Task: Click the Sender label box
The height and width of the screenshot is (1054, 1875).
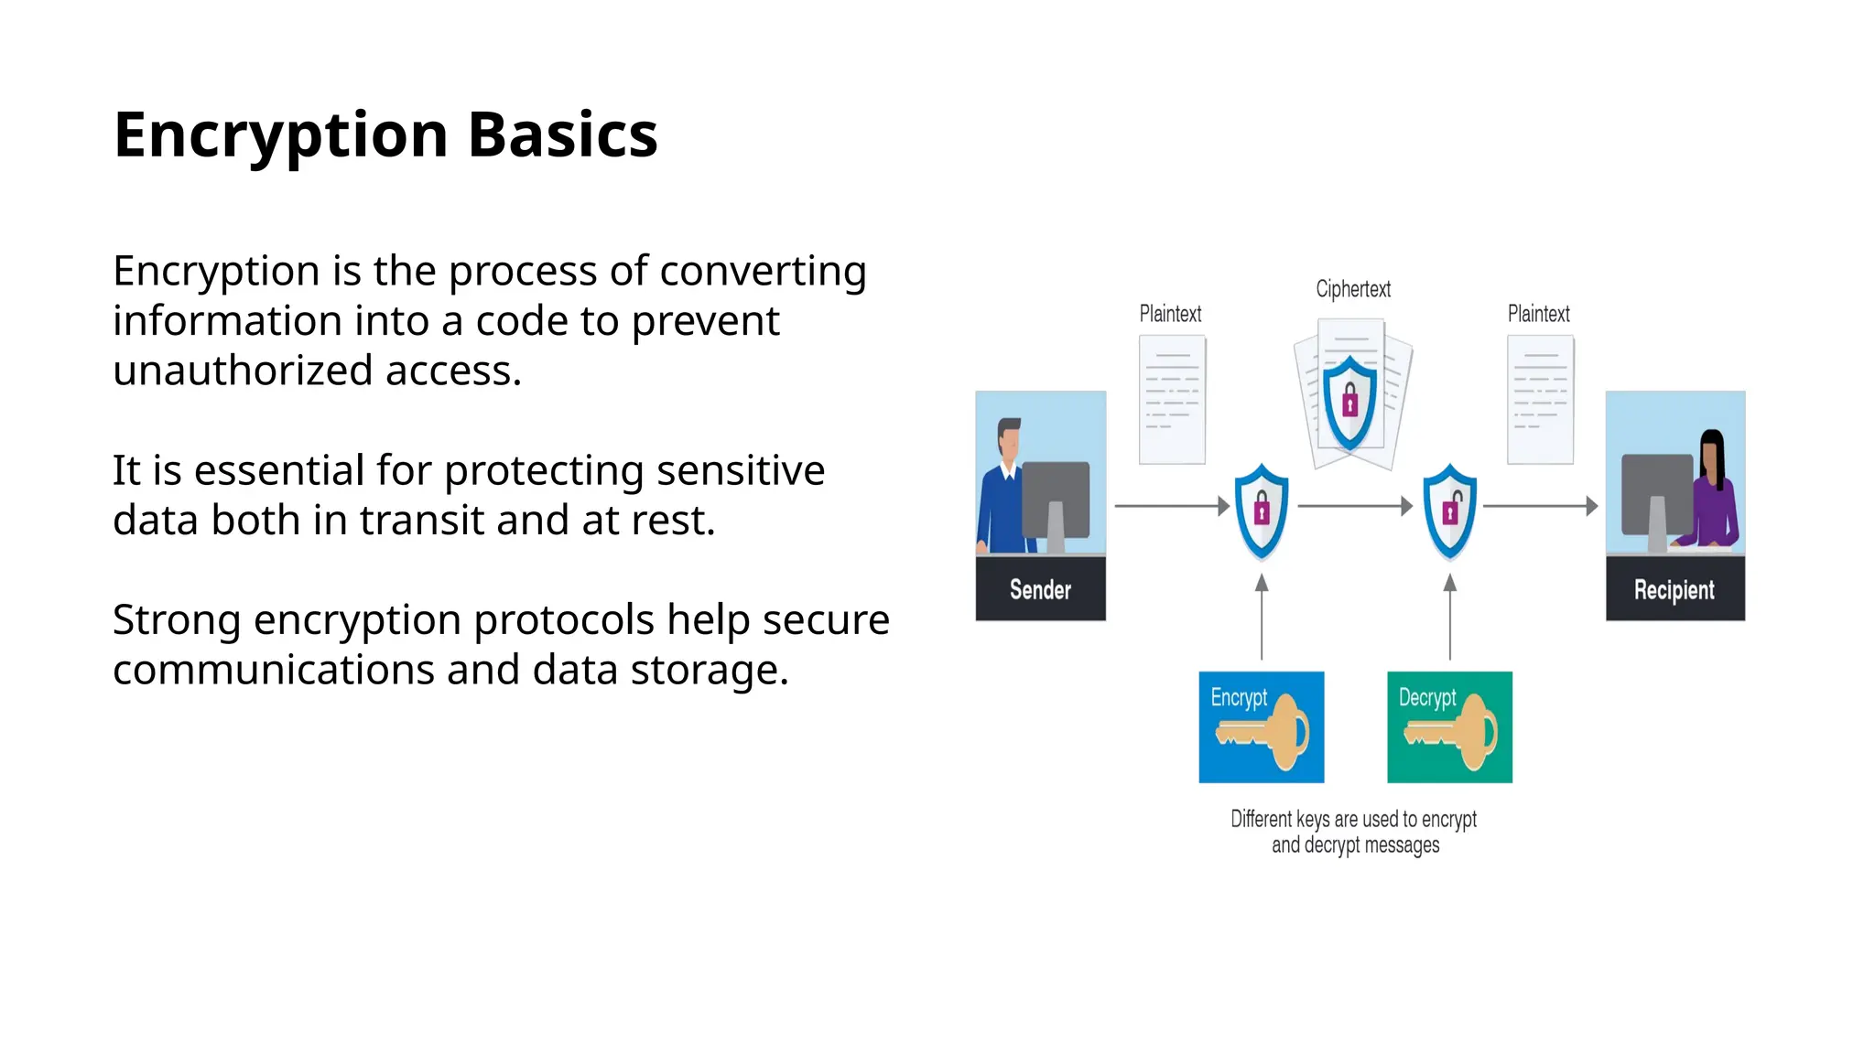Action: [1040, 589]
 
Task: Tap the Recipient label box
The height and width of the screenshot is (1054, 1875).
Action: [1674, 589]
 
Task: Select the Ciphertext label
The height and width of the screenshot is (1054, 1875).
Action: [1352, 289]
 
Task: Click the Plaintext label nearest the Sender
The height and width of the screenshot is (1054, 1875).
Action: [1170, 314]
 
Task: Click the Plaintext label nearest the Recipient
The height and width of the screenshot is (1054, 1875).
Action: [1538, 314]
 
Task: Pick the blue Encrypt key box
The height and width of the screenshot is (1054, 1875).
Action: [1261, 727]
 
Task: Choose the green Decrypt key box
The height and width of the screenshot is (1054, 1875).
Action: [1449, 727]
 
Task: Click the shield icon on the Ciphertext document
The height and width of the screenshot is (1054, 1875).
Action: [1349, 403]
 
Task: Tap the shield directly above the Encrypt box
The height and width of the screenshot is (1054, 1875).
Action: [1262, 511]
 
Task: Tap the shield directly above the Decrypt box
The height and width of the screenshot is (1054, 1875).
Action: [1450, 511]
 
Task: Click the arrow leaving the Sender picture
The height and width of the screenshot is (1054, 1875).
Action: [1171, 506]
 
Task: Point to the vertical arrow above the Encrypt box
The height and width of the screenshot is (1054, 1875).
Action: [1262, 618]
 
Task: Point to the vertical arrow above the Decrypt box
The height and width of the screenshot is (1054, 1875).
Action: [1450, 618]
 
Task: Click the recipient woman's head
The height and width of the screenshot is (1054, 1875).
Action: [1711, 448]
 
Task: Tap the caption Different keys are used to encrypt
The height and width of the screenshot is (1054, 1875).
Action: [1353, 819]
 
